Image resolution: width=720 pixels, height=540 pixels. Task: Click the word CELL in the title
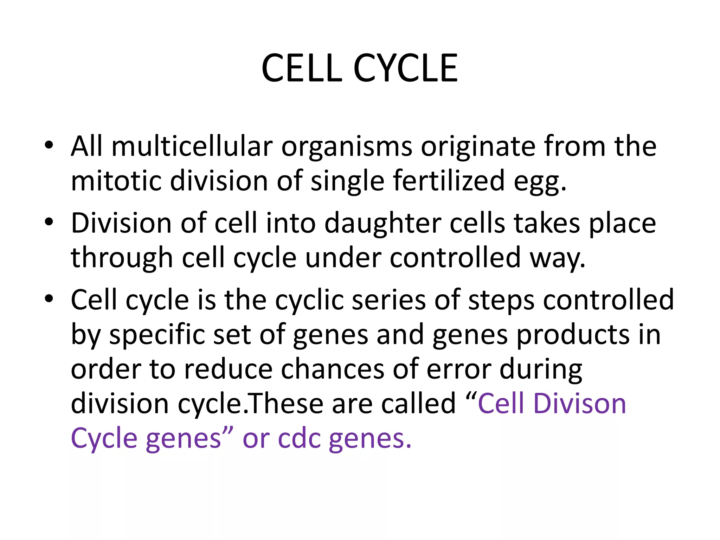(302, 69)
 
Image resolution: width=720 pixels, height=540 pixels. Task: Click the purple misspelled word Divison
(580, 404)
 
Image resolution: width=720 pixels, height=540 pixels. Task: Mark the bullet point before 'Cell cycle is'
(49, 299)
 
